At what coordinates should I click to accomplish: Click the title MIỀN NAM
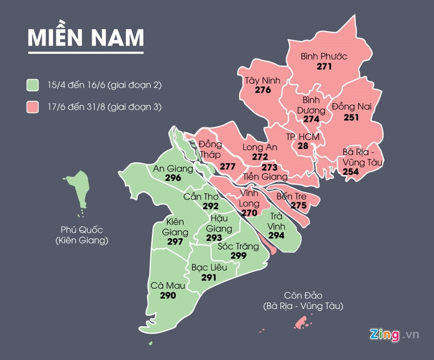[x=86, y=37]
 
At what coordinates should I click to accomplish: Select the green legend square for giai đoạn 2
[x=34, y=85]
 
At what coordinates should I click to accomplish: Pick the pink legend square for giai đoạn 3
[x=34, y=106]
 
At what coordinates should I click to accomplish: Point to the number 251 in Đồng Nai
[x=351, y=117]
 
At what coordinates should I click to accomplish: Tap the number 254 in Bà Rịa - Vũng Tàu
[x=351, y=171]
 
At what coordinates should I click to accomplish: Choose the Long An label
[x=260, y=147]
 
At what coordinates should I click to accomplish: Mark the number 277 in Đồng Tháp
[x=227, y=166]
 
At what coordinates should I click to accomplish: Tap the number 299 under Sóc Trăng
[x=238, y=256]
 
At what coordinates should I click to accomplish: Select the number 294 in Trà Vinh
[x=276, y=236]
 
